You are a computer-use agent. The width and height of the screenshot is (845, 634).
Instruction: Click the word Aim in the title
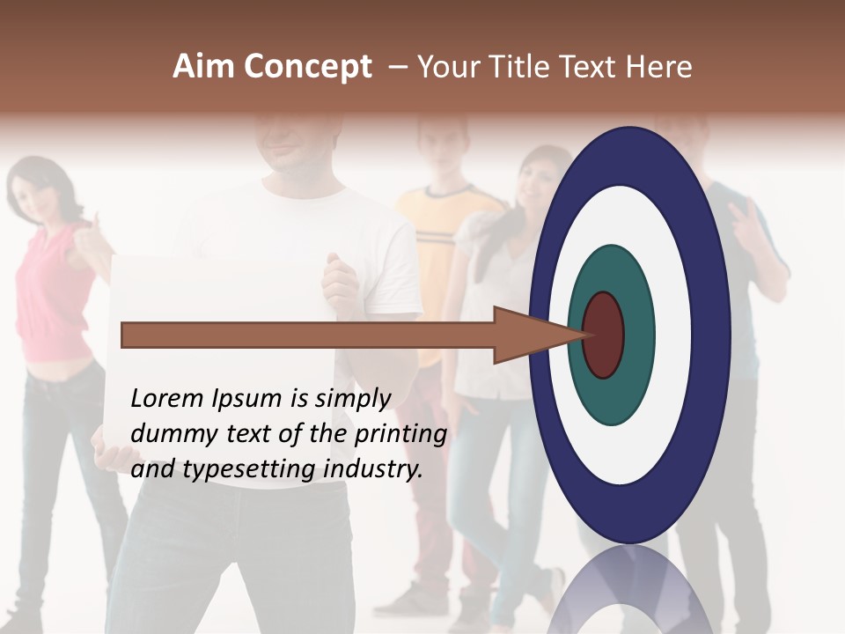pos(203,67)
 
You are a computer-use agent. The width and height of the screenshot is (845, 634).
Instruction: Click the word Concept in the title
pos(306,67)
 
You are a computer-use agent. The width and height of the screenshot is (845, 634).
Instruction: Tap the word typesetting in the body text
pos(248,470)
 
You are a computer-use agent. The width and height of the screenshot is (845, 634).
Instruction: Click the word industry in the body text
pos(373,469)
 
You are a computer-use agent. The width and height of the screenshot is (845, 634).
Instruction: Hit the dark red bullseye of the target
pos(604,335)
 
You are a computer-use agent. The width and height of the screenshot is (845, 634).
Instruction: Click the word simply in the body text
pos(353,399)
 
